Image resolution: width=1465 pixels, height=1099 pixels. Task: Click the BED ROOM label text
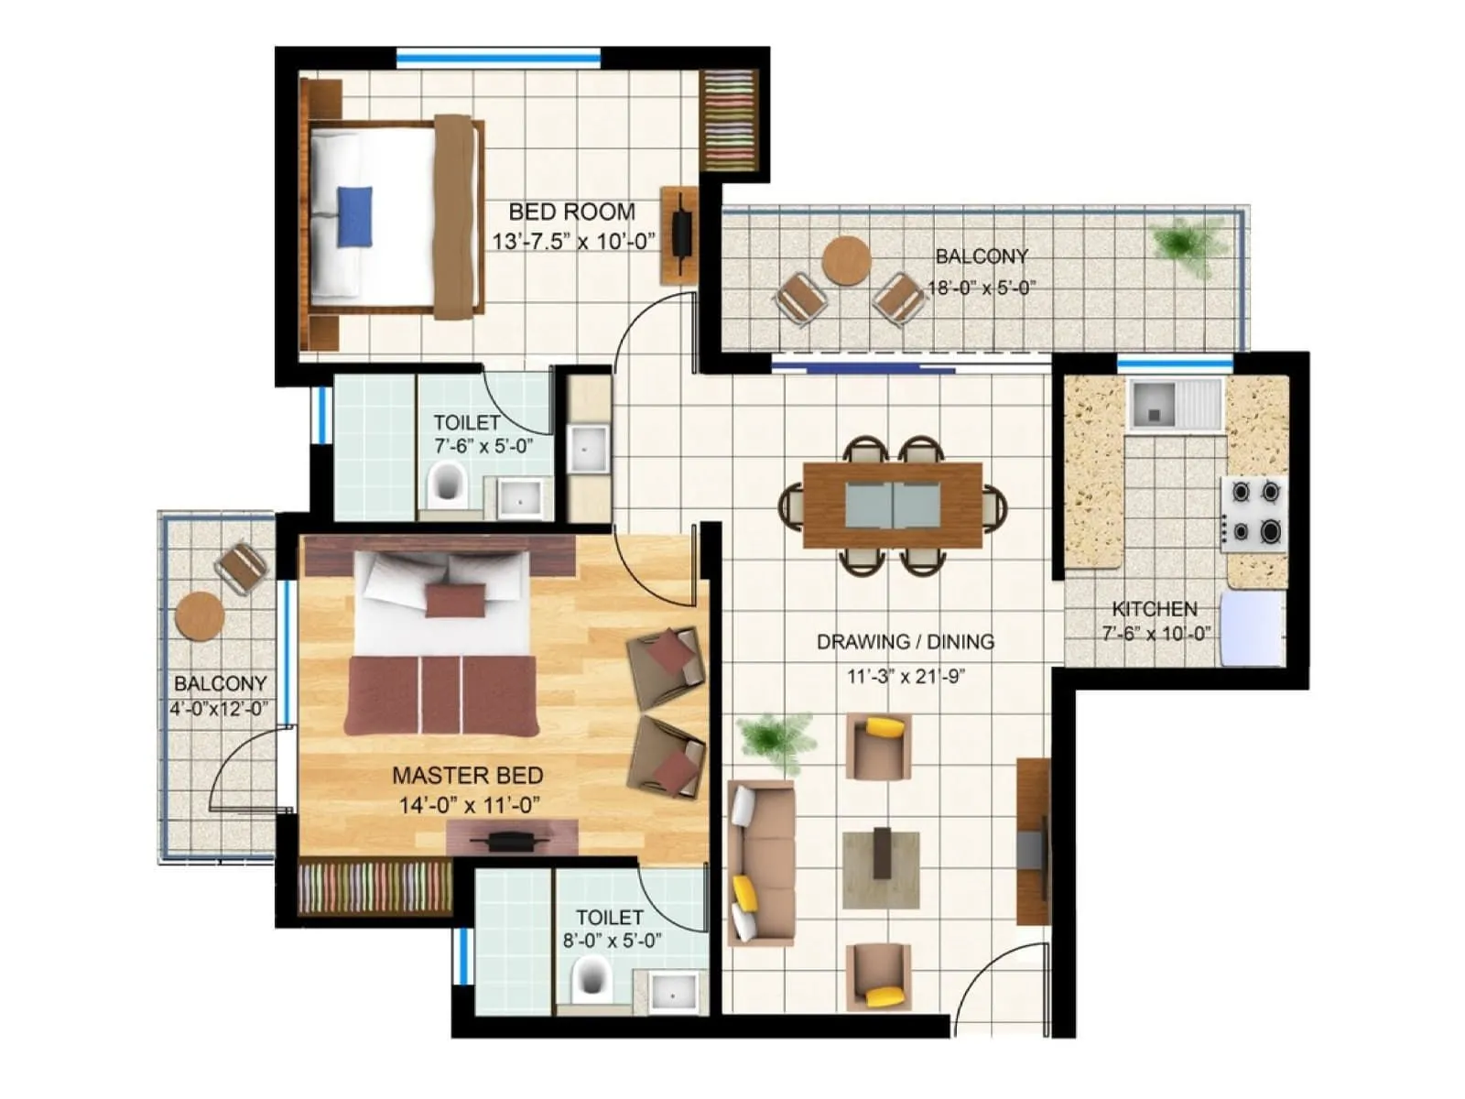pyautogui.click(x=571, y=212)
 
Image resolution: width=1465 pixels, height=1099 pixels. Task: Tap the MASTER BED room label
pyautogui.click(x=467, y=776)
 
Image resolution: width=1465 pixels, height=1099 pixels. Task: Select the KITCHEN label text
pyautogui.click(x=1155, y=609)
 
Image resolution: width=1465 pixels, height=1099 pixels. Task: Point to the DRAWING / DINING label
pyautogui.click(x=905, y=642)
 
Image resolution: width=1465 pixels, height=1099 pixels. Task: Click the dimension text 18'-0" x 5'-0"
pyautogui.click(x=982, y=288)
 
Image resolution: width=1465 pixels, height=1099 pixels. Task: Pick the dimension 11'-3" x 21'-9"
pyautogui.click(x=905, y=677)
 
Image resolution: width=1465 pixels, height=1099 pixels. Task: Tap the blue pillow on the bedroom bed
pyautogui.click(x=354, y=216)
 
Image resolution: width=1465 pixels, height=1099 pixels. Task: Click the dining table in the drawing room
pyautogui.click(x=892, y=506)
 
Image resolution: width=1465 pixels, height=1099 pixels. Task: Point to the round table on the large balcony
pyautogui.click(x=845, y=260)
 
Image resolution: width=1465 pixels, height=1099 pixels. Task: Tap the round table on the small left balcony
pyautogui.click(x=200, y=615)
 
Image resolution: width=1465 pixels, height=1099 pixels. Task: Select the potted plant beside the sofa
pyautogui.click(x=776, y=737)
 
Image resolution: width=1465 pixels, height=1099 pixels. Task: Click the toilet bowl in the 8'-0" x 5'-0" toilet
pyautogui.click(x=591, y=978)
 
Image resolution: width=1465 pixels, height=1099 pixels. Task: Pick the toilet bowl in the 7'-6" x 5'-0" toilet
pyautogui.click(x=447, y=483)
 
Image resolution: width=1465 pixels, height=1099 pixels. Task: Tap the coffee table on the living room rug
pyautogui.click(x=881, y=853)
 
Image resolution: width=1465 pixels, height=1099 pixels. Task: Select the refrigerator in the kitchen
pyautogui.click(x=1252, y=628)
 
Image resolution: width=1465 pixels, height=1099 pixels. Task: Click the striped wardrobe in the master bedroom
pyautogui.click(x=374, y=887)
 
